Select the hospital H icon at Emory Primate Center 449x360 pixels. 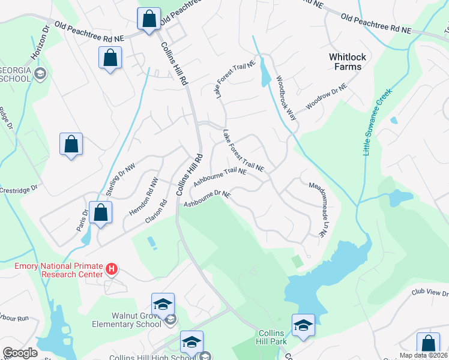pos(111,269)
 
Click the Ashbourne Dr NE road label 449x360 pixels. pos(207,199)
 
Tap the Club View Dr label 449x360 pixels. pos(430,293)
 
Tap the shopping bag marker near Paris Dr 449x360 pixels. pos(101,212)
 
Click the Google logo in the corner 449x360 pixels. pos(20,353)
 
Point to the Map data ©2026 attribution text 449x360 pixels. pos(423,355)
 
